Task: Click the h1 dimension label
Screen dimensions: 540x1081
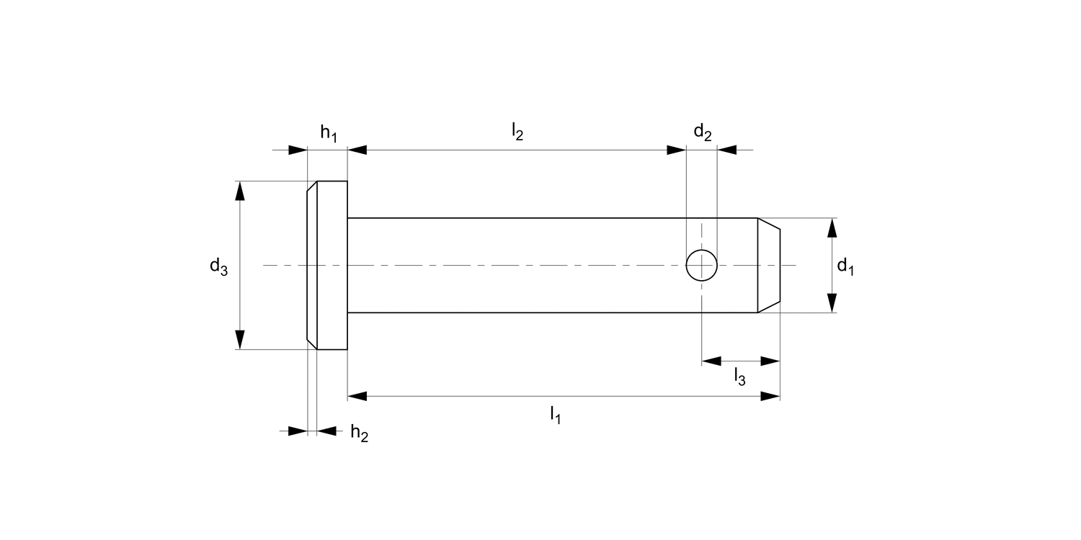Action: click(x=329, y=133)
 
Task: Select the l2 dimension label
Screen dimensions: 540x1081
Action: click(x=517, y=132)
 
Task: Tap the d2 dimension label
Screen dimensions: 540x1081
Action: click(x=703, y=132)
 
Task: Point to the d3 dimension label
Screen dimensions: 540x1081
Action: click(x=218, y=267)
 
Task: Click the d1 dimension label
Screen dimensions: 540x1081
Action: click(x=845, y=267)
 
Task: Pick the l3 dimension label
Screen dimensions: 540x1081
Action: click(x=739, y=375)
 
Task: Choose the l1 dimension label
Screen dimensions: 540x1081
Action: click(x=555, y=415)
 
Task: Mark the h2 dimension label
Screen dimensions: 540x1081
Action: click(x=359, y=433)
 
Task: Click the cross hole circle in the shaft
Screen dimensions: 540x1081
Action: click(x=701, y=265)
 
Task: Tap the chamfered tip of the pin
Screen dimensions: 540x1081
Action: click(x=768, y=265)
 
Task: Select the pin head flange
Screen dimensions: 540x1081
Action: click(x=329, y=265)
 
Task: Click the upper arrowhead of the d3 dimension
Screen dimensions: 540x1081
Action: click(x=240, y=191)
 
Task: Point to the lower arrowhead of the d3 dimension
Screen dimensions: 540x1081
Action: click(x=240, y=339)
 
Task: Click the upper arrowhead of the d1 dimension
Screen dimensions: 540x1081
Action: click(x=832, y=228)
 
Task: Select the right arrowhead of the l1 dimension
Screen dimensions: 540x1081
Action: click(x=770, y=396)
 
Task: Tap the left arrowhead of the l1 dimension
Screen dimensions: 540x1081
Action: click(x=357, y=396)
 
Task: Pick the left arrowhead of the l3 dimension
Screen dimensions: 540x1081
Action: click(x=711, y=361)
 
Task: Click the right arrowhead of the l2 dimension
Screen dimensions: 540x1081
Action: click(x=676, y=150)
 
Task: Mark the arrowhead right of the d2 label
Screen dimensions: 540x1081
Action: click(x=727, y=150)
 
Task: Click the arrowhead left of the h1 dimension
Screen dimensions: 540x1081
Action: click(x=298, y=150)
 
